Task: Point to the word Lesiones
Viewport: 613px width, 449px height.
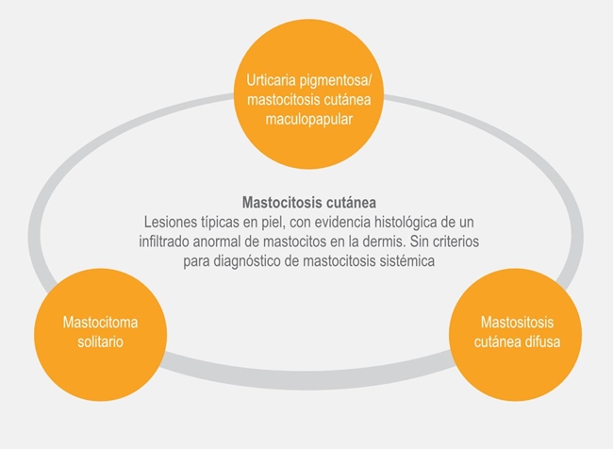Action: pos(171,222)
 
